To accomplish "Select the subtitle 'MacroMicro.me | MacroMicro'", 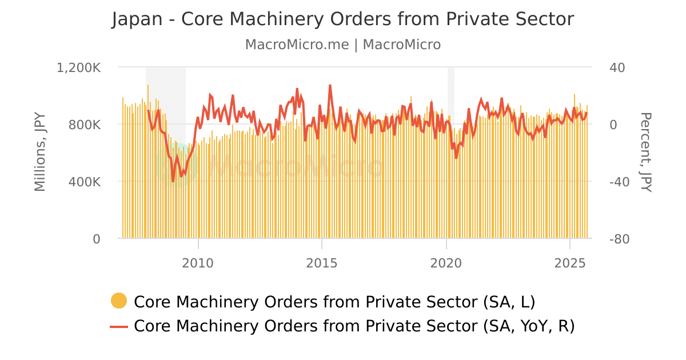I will click(343, 45).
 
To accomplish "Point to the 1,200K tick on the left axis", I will click(79, 67).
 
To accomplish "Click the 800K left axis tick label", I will click(86, 125).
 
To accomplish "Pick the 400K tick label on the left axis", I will click(86, 182).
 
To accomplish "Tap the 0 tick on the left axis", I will click(97, 239).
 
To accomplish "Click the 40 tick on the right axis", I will click(617, 67).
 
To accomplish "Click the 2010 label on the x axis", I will click(198, 263).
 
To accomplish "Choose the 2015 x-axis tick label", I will click(322, 263).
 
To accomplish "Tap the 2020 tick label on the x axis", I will click(446, 263).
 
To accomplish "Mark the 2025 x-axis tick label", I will click(570, 263).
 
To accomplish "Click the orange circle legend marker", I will click(119, 301).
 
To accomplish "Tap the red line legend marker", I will click(119, 326).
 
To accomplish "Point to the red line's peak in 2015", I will click(330, 85).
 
